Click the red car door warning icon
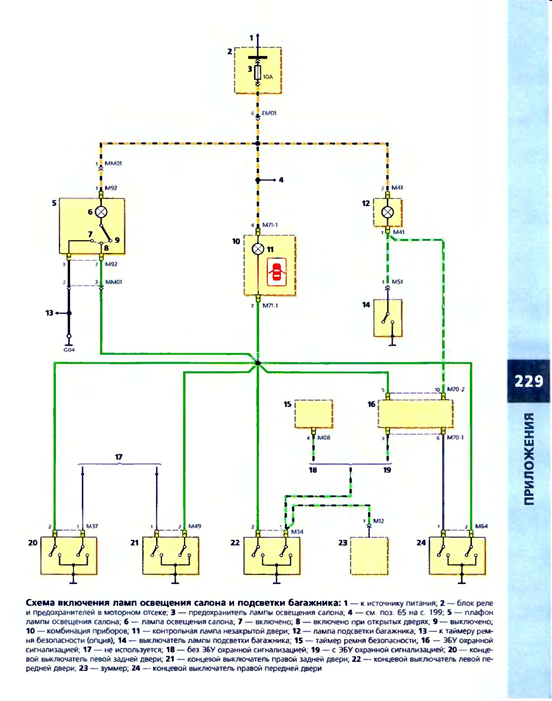[x=277, y=272]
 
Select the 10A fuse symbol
[x=258, y=73]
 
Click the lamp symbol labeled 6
[x=102, y=212]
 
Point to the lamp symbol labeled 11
[x=258, y=249]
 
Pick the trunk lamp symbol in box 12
[x=387, y=212]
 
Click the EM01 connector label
[x=269, y=113]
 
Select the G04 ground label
[x=69, y=350]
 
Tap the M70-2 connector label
[x=456, y=389]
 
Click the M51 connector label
[x=397, y=282]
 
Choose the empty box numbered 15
[x=314, y=414]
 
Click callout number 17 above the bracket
[x=119, y=457]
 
